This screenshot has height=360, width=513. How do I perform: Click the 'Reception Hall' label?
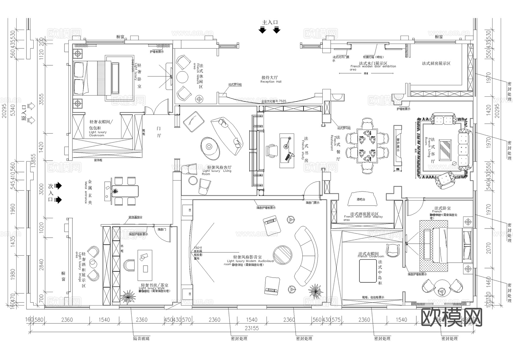click(x=271, y=82)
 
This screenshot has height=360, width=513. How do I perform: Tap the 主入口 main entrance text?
click(x=270, y=22)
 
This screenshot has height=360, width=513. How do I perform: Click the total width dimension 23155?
click(x=252, y=328)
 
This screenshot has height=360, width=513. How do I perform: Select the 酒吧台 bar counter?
click(x=362, y=199)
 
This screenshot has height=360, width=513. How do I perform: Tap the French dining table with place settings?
click(x=367, y=145)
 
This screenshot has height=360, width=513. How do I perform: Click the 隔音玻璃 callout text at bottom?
click(x=141, y=339)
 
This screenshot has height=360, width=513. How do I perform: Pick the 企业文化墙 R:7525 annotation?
click(x=274, y=101)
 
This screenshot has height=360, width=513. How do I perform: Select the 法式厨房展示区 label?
click(x=436, y=63)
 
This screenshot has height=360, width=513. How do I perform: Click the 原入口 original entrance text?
click(x=24, y=114)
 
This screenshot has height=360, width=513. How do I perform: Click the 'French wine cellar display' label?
click(x=363, y=217)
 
